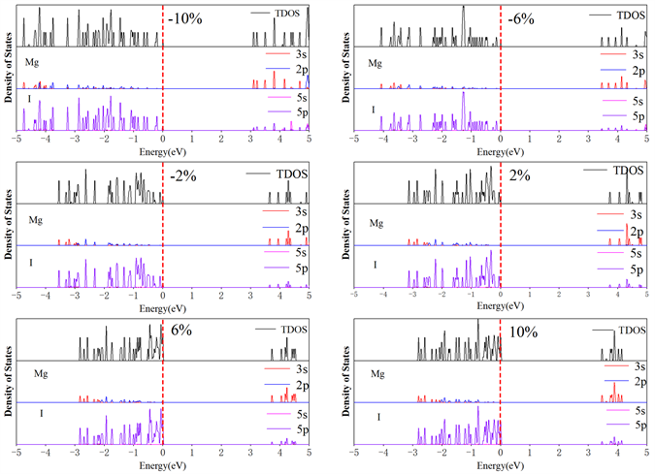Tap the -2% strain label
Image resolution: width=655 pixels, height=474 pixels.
[184, 176]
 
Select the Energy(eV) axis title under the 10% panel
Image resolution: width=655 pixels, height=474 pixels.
[500, 466]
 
